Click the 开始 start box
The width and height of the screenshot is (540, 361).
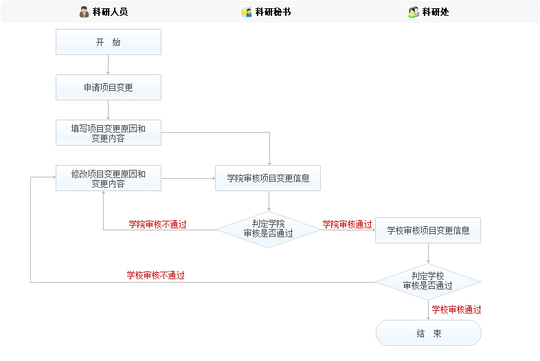point(109,42)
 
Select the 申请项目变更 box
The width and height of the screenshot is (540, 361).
point(109,87)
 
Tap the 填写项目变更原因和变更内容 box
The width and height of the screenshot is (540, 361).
point(109,133)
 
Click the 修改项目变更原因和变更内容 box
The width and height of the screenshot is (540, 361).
point(109,178)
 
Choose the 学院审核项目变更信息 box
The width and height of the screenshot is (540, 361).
point(268,178)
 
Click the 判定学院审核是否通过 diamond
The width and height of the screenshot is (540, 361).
point(268,228)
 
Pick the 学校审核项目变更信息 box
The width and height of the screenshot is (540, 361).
point(428,230)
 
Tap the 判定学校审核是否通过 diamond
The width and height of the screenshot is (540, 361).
point(428,281)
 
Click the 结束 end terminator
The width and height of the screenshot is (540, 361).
point(428,333)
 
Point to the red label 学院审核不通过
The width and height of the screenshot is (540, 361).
point(157,224)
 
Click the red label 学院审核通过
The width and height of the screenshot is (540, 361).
point(347,224)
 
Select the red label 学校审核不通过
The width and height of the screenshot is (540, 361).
point(155,275)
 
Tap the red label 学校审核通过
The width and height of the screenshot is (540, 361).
point(456,309)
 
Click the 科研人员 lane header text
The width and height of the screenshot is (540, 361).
point(110,12)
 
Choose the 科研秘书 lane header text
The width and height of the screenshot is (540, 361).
point(273,12)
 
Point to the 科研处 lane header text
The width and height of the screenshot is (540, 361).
point(436,12)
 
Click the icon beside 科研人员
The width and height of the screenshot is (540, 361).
point(84,12)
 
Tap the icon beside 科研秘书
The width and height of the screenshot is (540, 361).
point(247,12)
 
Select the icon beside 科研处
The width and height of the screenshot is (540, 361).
point(413,12)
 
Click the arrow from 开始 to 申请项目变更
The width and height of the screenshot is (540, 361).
point(109,65)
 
